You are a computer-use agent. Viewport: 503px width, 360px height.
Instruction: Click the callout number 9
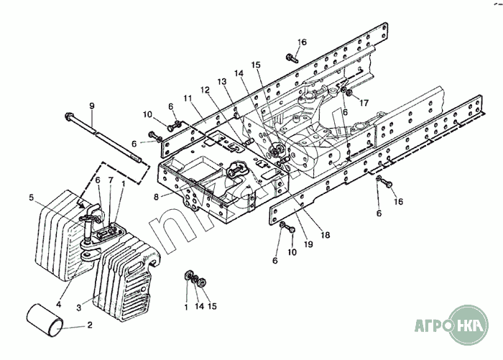[92, 106]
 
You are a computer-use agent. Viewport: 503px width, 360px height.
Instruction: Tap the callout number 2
[90, 326]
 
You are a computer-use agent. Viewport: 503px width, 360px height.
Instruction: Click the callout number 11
[187, 98]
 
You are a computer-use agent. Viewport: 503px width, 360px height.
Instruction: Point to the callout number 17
[364, 103]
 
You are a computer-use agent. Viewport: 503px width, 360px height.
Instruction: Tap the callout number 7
[111, 180]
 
